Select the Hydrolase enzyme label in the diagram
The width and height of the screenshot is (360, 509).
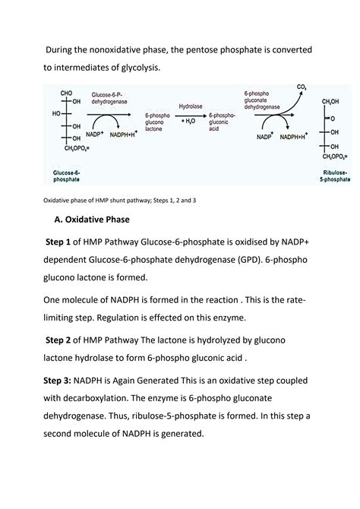pos(191,108)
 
